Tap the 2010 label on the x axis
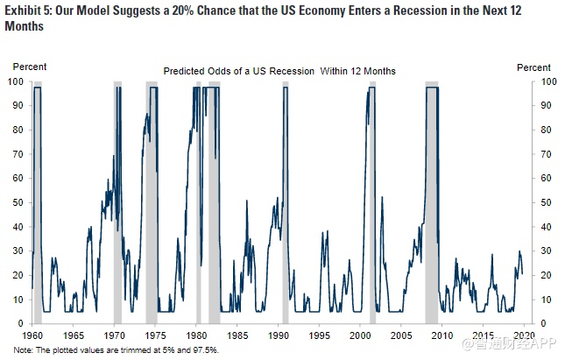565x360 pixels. tap(444, 335)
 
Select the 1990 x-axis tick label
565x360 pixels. tap(280, 335)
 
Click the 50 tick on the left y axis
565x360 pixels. tap(18, 202)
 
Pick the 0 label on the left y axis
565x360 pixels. tap(21, 323)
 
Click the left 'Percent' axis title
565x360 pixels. tap(29, 67)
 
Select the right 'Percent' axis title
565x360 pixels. tap(533, 67)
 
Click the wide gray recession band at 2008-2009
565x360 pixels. tap(432, 201)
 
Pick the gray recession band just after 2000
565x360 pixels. tap(371, 201)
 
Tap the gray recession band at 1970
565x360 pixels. tap(117, 201)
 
